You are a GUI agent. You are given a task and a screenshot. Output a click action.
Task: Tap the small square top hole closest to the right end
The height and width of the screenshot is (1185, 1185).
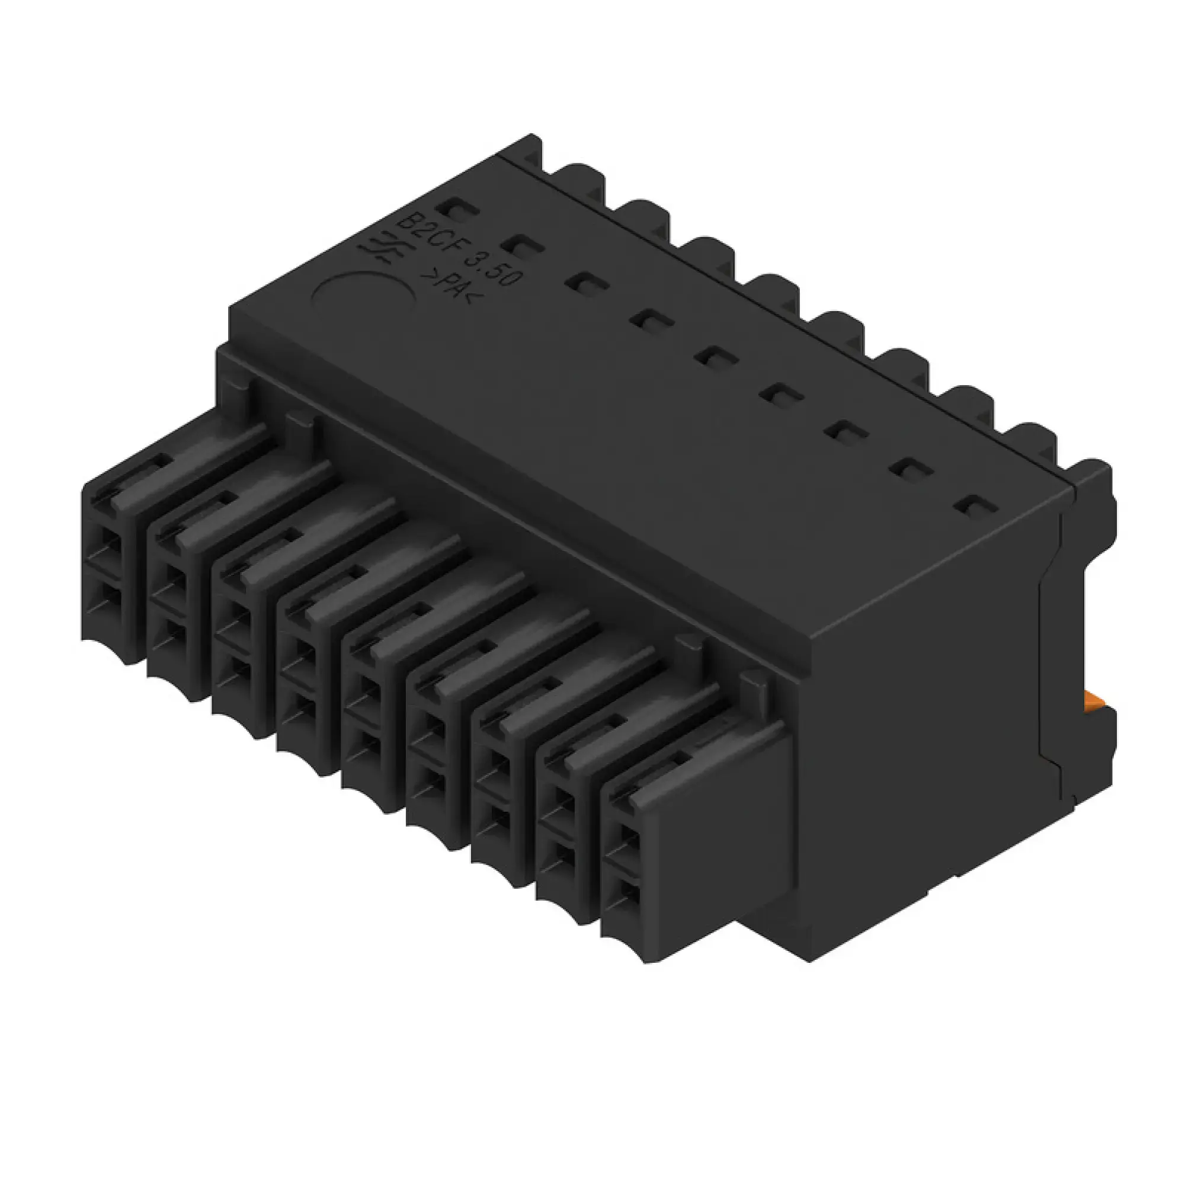pos(972,505)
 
